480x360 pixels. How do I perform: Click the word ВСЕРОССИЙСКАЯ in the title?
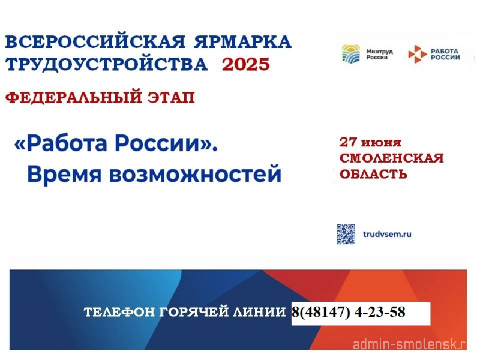[95, 41]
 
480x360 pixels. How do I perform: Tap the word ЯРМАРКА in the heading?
[242, 42]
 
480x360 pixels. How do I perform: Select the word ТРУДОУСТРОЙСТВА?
[106, 65]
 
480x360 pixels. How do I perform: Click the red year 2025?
[246, 65]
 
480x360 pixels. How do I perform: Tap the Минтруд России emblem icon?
[351, 54]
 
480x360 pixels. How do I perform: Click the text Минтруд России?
[379, 54]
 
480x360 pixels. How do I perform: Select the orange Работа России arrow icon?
[417, 54]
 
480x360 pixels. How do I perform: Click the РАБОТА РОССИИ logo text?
[445, 54]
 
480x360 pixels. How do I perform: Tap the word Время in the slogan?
[64, 174]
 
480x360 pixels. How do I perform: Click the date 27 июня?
[370, 142]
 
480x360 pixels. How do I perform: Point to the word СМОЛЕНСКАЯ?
[391, 158]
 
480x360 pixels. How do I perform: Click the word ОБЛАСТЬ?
[373, 174]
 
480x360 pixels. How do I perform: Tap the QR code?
[346, 234]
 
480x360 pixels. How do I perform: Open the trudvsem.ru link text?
[387, 234]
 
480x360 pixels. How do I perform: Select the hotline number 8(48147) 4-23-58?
[349, 312]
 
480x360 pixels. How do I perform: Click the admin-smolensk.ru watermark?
[410, 344]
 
